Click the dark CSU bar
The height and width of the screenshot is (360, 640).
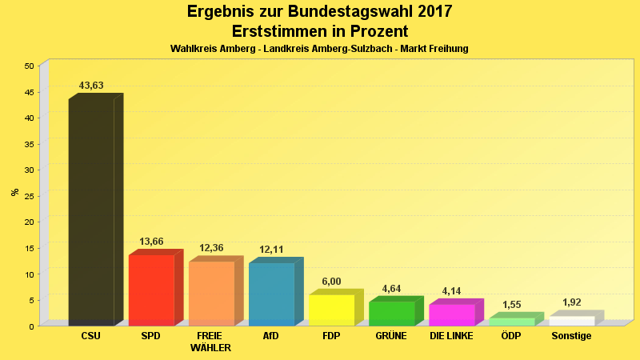(91, 212)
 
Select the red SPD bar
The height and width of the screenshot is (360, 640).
(151, 290)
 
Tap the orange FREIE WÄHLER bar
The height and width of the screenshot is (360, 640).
(211, 293)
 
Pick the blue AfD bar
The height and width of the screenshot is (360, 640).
(271, 294)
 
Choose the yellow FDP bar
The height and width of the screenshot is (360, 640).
(331, 310)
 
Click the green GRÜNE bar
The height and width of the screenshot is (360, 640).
(391, 313)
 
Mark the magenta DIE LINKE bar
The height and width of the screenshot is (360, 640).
(451, 314)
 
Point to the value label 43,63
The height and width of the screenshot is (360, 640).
(91, 86)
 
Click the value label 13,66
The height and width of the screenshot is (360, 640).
(151, 242)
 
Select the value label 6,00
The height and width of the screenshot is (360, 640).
(331, 282)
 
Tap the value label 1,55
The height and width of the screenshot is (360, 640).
(511, 305)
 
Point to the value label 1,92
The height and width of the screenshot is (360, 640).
(571, 302)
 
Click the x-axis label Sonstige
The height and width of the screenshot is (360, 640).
(571, 336)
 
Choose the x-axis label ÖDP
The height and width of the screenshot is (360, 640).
(511, 336)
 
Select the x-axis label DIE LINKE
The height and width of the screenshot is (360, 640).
(451, 336)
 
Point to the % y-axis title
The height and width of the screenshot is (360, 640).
(14, 192)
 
